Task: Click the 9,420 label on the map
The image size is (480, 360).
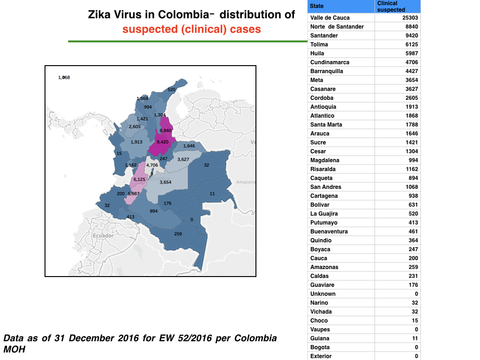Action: [x=163, y=142]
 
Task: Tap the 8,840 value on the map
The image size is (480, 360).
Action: [x=165, y=131]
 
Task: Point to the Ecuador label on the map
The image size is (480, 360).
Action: [x=103, y=235]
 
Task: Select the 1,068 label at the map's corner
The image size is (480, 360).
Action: [x=64, y=77]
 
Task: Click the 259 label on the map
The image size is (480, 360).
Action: [x=178, y=234]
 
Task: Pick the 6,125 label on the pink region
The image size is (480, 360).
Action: [x=139, y=180]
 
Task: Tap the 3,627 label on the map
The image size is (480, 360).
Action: [x=183, y=159]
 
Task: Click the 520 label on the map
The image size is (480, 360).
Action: [x=172, y=90]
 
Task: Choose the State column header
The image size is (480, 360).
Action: [x=316, y=6]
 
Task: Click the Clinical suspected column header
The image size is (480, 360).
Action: [x=391, y=7]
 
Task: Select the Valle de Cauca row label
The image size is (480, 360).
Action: [x=330, y=18]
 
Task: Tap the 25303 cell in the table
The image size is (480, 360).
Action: [x=410, y=18]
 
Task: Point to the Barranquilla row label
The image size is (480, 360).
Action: [x=327, y=71]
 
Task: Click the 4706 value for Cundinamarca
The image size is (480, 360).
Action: [x=412, y=62]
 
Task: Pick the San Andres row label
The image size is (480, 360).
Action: [x=326, y=187]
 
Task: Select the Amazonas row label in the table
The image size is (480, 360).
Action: [x=324, y=267]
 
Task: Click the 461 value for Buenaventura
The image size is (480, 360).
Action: [x=413, y=232]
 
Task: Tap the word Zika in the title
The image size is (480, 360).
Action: [x=99, y=15]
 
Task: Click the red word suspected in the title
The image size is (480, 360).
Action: [x=150, y=30]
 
